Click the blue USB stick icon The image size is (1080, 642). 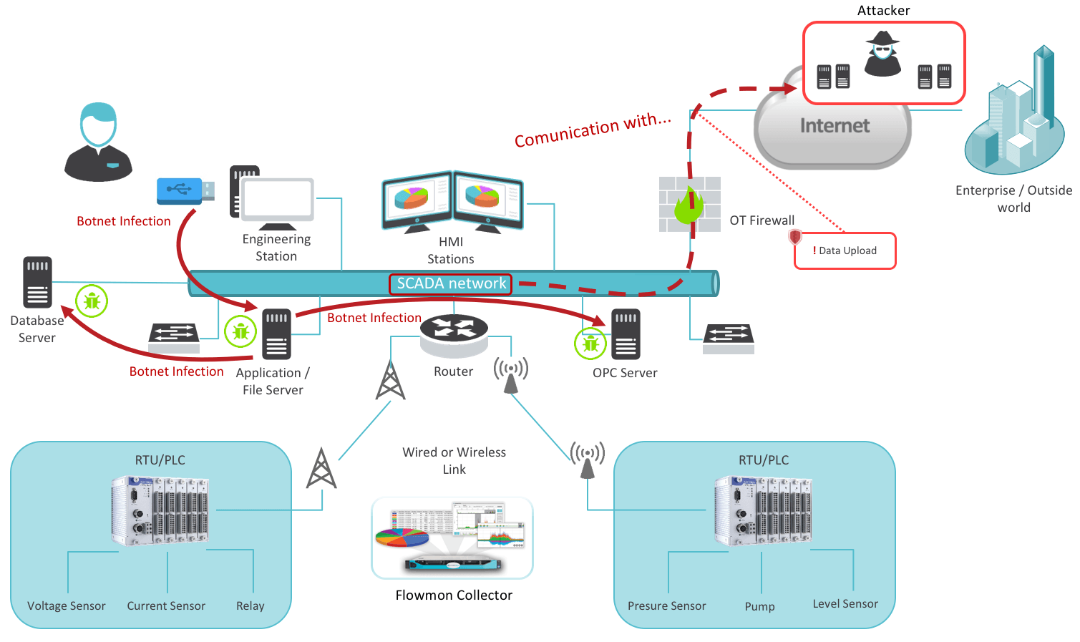(185, 190)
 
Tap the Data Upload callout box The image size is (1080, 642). (845, 251)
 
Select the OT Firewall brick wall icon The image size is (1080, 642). (689, 205)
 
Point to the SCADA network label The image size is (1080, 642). (451, 284)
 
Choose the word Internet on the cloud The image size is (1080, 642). (835, 126)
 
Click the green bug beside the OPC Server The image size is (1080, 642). (590, 344)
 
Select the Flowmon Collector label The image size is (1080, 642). (454, 595)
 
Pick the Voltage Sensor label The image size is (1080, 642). (67, 606)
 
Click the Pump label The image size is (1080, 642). (759, 607)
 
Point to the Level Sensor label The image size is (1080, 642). (845, 604)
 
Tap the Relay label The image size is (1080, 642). (250, 606)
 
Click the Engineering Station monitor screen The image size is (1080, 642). (277, 199)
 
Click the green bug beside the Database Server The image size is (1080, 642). (92, 301)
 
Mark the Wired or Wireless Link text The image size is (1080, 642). (454, 461)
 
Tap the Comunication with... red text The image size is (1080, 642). (593, 130)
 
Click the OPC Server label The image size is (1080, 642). (625, 373)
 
